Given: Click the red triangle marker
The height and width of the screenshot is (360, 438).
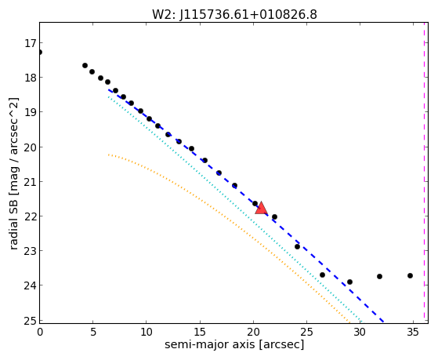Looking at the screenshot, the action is (261, 208).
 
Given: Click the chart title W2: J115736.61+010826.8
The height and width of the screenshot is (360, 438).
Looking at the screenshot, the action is (234, 14).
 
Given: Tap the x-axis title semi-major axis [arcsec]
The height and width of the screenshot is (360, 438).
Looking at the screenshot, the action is (234, 344).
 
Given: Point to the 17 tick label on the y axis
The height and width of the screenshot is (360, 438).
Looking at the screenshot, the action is (31, 43).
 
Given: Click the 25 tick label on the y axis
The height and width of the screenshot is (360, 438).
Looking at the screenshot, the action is (31, 321).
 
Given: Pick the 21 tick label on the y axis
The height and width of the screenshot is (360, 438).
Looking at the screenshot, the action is (31, 182).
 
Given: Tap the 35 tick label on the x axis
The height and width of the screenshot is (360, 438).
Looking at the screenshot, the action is (413, 332).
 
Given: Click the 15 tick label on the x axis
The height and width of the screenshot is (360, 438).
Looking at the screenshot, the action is (200, 332).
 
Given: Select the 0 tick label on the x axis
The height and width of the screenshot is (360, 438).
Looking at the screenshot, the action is (40, 332).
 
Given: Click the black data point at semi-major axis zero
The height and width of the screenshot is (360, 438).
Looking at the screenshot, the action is (40, 53).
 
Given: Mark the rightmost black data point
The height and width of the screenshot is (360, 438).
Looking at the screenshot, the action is (410, 276).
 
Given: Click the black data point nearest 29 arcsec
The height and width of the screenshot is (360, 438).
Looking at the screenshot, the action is (349, 282).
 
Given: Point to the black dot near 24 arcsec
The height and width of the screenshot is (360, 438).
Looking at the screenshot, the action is (297, 247).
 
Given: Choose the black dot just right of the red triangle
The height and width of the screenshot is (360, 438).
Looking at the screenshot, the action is (274, 216).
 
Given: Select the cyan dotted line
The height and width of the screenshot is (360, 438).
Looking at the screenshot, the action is (234, 209).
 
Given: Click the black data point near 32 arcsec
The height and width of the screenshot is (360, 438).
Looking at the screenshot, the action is (379, 277).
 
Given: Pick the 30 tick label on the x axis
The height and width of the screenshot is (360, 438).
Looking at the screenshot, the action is (360, 332).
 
